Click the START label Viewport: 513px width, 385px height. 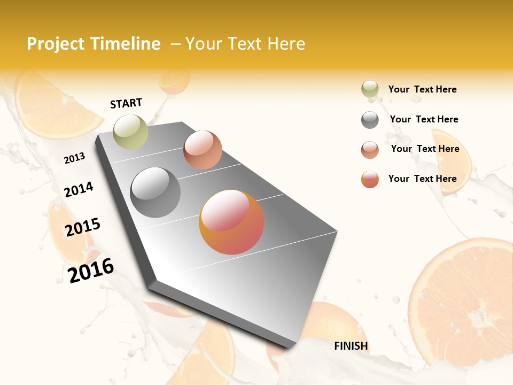pos(126,103)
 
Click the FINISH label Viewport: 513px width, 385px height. pos(351,346)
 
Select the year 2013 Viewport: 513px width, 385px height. pos(75,158)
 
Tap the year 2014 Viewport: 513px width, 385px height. pos(79,189)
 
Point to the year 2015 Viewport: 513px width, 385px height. pos(83,227)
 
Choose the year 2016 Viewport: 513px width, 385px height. pos(91,269)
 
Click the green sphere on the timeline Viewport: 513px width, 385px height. pos(130,132)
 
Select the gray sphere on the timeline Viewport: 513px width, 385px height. pos(156,192)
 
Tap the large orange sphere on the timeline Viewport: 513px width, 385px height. pos(231,222)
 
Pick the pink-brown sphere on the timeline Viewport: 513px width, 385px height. pos(203,150)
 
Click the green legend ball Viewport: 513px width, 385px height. pos(370,89)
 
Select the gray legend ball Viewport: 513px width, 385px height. pos(370,120)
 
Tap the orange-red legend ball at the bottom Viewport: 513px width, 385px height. pos(370,179)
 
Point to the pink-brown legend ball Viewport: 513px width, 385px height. pos(370,150)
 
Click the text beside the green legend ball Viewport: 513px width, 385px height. pos(422,89)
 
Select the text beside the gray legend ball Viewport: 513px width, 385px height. pos(424,119)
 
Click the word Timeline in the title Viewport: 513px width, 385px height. pos(125,44)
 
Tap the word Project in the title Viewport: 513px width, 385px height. pos(56,44)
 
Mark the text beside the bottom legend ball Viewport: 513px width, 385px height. pos(422,179)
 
